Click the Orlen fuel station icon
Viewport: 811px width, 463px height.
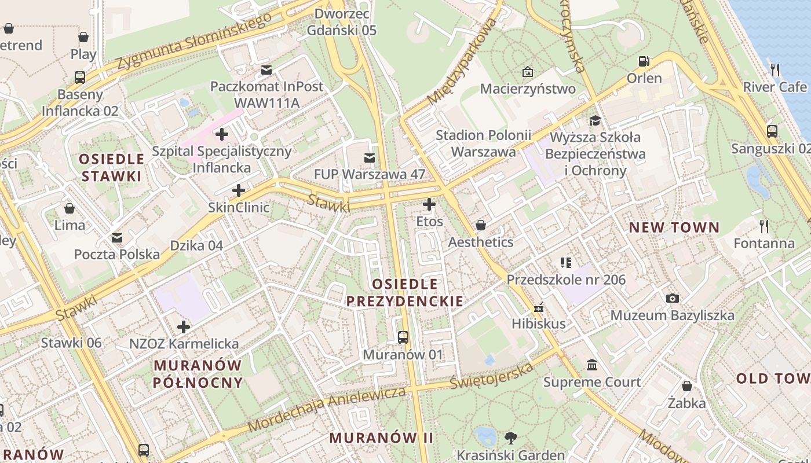point(644,61)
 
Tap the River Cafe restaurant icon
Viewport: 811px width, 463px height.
point(775,70)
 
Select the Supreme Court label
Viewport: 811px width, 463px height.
point(591,382)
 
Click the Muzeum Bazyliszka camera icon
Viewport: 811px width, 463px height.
point(672,298)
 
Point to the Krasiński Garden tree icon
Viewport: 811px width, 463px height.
point(510,438)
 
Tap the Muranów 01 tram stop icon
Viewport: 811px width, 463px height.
point(403,337)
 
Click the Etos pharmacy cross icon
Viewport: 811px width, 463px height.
point(429,204)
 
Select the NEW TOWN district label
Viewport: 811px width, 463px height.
point(674,227)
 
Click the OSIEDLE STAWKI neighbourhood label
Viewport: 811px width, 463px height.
point(111,167)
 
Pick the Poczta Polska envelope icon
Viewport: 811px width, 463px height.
point(117,237)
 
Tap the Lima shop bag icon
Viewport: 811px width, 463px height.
point(70,208)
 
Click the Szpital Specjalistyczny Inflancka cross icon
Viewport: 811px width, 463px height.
point(221,134)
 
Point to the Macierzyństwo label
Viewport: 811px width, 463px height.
point(528,89)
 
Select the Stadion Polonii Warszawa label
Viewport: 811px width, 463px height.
point(483,144)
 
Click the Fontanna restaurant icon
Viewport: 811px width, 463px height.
point(763,226)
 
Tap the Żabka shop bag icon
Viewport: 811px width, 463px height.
point(686,385)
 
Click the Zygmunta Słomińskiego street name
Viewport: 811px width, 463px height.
point(194,41)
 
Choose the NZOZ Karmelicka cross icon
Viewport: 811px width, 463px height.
point(184,327)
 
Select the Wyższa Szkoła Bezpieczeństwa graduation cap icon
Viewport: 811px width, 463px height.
point(595,120)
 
